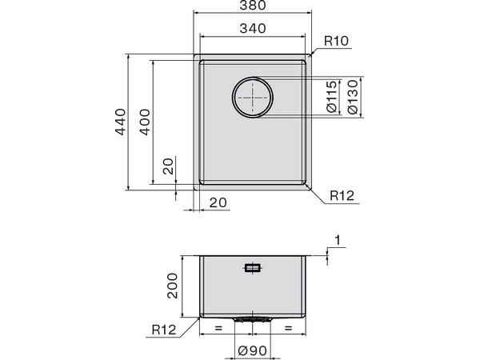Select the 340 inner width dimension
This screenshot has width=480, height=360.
coord(253,30)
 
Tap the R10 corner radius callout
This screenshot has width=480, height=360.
coord(336,41)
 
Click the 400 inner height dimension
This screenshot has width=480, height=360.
coord(144,122)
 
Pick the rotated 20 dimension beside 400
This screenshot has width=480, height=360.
coord(169,166)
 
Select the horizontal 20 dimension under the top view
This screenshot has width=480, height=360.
coord(217,203)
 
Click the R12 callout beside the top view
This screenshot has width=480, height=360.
coord(342,194)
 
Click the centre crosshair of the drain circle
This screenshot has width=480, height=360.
coord(253,98)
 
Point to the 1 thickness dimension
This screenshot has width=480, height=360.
coord(338,240)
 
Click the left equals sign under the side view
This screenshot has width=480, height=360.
coord(216,328)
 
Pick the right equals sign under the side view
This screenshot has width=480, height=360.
coord(288,328)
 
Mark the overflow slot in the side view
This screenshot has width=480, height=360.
coord(253,269)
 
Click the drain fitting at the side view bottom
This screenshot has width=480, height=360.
coord(253,318)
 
